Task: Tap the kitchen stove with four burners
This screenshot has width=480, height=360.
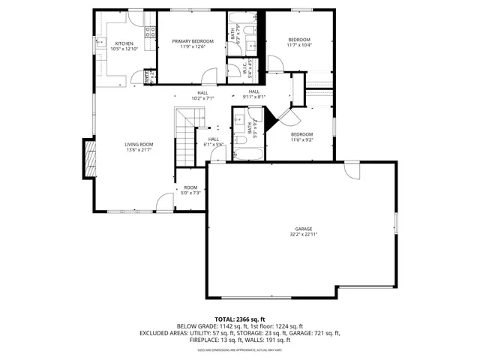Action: [x=149, y=32]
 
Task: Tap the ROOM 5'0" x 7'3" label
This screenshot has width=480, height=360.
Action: [x=190, y=190]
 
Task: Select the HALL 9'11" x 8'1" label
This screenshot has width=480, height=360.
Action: [x=254, y=94]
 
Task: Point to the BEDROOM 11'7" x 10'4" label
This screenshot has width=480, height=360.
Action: [x=298, y=42]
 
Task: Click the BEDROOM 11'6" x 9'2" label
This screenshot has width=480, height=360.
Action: [x=301, y=136]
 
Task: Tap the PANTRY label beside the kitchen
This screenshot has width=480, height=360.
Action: [x=148, y=75]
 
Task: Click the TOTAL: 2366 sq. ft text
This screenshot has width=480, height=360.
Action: [x=239, y=319]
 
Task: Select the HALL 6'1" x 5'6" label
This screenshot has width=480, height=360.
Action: [x=214, y=141]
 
